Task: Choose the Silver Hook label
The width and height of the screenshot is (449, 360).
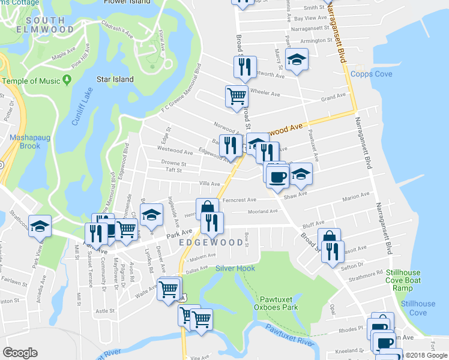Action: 235,268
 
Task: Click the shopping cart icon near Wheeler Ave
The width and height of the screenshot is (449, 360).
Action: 237,95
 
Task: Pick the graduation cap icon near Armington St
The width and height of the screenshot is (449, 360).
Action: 296,60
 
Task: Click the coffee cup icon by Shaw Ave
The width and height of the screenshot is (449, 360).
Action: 277,177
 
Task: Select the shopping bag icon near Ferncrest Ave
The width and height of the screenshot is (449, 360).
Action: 207,208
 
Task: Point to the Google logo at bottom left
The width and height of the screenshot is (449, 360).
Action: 20,353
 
